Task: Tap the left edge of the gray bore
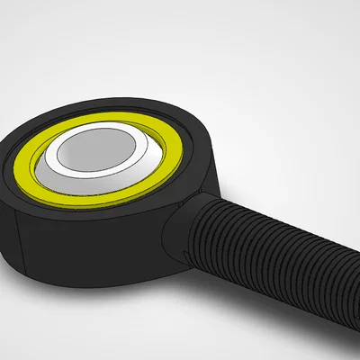pyautogui.click(x=57, y=149)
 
